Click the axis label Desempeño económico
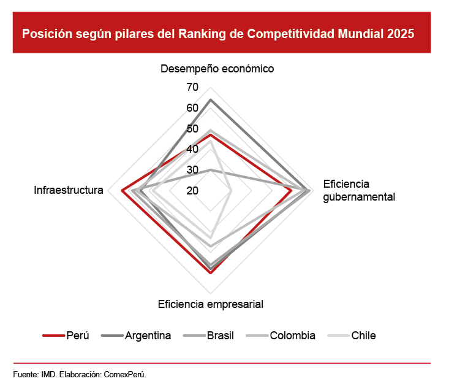point(217,69)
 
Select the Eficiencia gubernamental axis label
point(359,190)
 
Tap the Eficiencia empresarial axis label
point(211,304)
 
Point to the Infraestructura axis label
point(68,190)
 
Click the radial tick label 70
point(192,87)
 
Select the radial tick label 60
point(192,108)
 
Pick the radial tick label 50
point(192,129)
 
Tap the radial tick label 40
point(192,149)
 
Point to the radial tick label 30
point(192,170)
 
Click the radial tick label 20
point(192,191)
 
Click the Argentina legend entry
point(148,336)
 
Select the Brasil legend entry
point(220,336)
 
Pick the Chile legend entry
point(363,336)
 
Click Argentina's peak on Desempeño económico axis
point(211,99)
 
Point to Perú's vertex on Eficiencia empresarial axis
point(211,273)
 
